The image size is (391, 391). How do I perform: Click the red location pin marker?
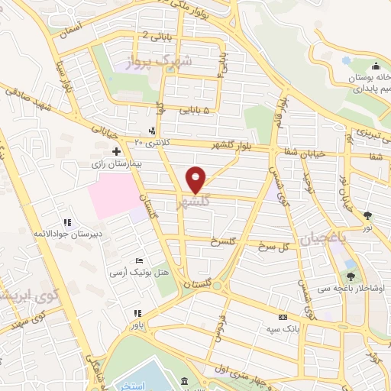196,179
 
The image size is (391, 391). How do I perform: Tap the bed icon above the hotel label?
138,260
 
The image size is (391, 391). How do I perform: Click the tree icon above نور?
367,215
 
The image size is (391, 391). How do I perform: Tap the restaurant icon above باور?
137,313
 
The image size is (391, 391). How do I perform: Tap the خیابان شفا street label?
305,154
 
